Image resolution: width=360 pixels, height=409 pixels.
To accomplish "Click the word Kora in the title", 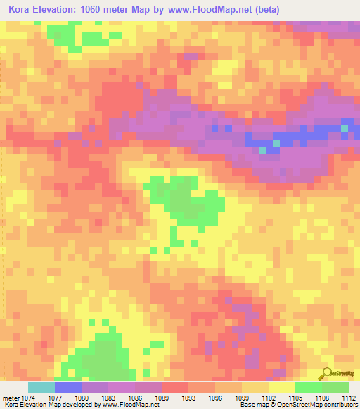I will pos(21,9).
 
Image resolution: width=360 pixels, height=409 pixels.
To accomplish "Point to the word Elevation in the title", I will pos(60,9).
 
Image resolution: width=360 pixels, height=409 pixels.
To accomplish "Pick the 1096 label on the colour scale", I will pos(225,398).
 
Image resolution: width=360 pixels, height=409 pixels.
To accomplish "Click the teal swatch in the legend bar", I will pos(41,387).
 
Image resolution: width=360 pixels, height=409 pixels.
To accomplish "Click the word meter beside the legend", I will pos(11,398).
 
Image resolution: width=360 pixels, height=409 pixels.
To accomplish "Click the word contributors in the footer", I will pos(342,405).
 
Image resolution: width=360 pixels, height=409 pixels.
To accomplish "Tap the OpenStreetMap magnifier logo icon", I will pos(325,374).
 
